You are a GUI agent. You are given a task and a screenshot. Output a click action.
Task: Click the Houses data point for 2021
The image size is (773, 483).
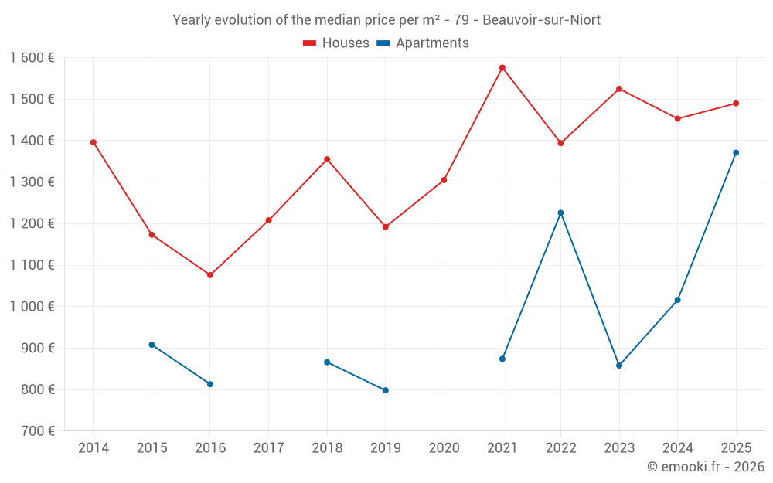502,68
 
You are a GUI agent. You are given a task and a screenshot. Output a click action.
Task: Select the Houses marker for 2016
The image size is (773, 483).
210,275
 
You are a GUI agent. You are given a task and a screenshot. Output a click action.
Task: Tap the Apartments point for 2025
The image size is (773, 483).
736,153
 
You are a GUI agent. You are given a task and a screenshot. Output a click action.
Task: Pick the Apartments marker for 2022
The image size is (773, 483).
560,213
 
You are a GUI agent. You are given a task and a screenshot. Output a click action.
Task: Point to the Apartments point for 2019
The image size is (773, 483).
386,390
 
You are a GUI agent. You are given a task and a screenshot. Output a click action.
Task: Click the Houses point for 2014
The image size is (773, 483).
94,142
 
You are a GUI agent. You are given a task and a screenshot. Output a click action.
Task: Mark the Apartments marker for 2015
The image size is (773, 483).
152,345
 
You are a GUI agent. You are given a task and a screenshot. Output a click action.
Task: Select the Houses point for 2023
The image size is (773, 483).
619,89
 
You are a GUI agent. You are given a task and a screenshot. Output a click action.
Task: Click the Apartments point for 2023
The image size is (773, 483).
619,366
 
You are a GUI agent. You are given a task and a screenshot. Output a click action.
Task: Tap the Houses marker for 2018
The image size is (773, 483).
327,160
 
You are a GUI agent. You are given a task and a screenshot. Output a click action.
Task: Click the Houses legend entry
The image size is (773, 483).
336,43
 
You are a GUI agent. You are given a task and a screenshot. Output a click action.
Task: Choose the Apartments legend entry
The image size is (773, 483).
423,43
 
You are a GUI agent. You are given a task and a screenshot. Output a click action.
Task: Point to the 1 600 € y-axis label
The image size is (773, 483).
32,58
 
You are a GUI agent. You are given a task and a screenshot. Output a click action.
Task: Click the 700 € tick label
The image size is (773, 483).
38,431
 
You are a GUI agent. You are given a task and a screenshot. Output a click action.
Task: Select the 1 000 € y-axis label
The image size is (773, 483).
32,307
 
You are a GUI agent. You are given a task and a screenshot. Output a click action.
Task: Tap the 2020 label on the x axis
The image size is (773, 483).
444,448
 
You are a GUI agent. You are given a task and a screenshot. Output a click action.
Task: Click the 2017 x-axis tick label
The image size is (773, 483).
269,448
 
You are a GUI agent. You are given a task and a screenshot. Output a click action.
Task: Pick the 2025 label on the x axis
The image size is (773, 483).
736,448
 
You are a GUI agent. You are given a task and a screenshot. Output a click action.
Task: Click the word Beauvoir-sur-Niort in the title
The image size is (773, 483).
541,20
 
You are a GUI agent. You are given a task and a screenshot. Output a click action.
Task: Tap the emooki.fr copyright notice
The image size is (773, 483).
706,467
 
